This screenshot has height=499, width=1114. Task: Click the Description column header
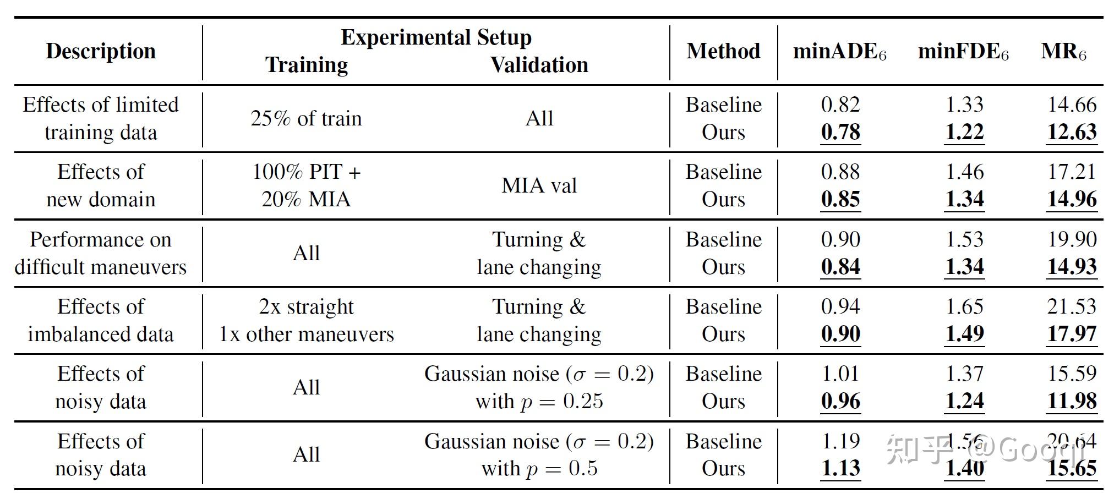click(101, 51)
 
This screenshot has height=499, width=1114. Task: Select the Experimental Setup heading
click(436, 37)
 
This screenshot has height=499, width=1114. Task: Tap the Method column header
click(723, 51)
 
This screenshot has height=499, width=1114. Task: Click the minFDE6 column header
click(963, 52)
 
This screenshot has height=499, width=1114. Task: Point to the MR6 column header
click(1063, 52)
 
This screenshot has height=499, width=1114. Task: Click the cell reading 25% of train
click(306, 118)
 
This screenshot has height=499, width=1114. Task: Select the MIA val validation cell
click(539, 185)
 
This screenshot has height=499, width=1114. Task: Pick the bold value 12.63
click(1071, 132)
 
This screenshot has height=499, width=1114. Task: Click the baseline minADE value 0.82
click(840, 105)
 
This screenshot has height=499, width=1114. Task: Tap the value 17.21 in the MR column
click(1071, 172)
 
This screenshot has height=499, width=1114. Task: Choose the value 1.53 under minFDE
click(964, 239)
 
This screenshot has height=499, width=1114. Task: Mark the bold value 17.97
click(1071, 334)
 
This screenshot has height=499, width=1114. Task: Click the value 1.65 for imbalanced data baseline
click(964, 306)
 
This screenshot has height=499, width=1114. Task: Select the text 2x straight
click(306, 306)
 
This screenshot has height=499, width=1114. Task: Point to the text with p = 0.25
click(539, 401)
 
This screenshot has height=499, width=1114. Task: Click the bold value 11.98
click(1071, 401)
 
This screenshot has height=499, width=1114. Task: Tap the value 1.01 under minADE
click(840, 374)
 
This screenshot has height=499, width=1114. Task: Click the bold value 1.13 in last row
click(840, 468)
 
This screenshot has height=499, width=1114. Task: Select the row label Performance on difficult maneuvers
click(101, 253)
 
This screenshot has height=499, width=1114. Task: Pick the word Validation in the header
click(539, 65)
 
